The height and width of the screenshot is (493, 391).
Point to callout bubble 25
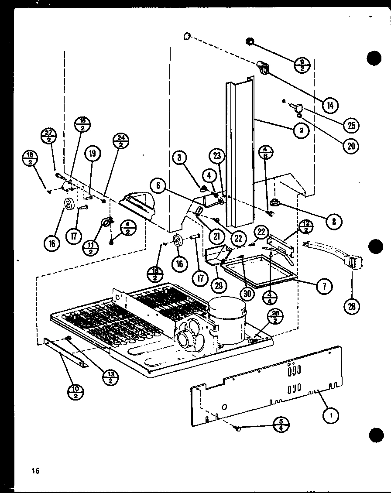tap(350, 125)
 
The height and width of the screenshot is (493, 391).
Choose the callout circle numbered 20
tap(350, 145)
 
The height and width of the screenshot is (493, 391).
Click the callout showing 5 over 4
tap(281, 424)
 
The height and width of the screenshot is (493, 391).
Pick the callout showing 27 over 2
tap(48, 136)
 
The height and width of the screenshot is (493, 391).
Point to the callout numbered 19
tap(93, 153)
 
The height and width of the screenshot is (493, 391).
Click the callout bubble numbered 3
tap(179, 157)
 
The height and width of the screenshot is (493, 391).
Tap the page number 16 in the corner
tap(35, 470)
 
